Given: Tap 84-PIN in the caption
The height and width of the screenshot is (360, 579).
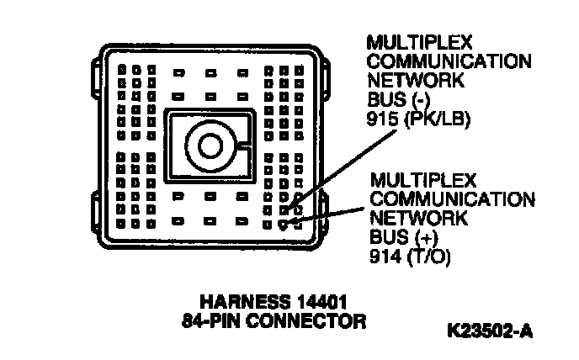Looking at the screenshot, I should tap(213, 320).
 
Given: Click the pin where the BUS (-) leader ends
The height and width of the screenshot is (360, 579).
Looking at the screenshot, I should tap(284, 209).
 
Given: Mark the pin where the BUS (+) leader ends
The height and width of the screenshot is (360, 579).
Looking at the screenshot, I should tap(284, 225).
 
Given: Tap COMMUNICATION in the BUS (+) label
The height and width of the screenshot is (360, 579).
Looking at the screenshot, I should tap(452, 200).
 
